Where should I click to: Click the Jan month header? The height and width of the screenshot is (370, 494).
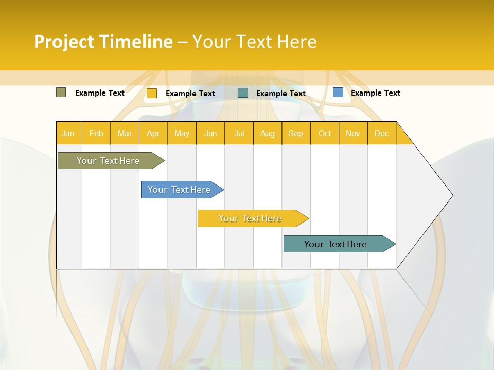68,133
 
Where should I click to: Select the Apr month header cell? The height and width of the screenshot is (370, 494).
153,133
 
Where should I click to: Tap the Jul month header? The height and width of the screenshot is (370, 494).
239,133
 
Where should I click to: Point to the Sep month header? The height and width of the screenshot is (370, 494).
295,133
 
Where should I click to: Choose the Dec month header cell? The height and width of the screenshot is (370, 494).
381,133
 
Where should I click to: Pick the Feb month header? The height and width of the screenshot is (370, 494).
96,133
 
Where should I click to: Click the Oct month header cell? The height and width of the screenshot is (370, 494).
325,133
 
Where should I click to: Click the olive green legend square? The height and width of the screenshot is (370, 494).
61,92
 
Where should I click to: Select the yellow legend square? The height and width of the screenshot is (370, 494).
152,93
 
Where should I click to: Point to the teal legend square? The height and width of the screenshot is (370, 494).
243,93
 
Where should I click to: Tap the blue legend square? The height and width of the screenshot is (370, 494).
338,92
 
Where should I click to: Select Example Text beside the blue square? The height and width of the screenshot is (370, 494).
375,93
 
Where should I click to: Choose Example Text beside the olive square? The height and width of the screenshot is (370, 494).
100,93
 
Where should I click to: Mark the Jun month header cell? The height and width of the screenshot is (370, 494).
210,133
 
